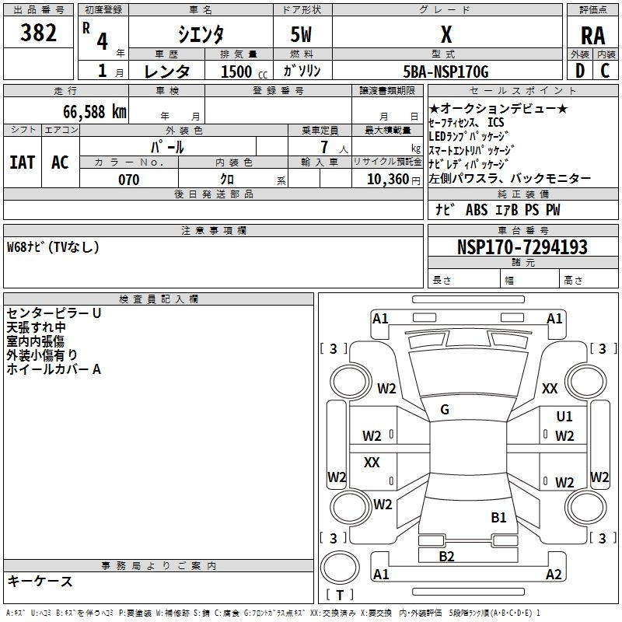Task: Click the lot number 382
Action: (39, 33)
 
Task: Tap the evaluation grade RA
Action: (592, 35)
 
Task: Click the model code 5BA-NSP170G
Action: (446, 72)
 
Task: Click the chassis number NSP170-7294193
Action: (522, 247)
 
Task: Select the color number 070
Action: (128, 180)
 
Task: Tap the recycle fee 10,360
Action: (386, 180)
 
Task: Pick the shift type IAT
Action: (22, 162)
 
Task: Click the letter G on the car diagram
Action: (445, 410)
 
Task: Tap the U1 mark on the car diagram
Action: (564, 417)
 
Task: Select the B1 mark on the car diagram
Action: (498, 517)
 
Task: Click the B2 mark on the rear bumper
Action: (446, 556)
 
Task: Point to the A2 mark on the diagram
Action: (554, 575)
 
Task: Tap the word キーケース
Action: (40, 581)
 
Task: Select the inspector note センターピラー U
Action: (54, 313)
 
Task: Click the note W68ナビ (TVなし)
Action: (54, 247)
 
